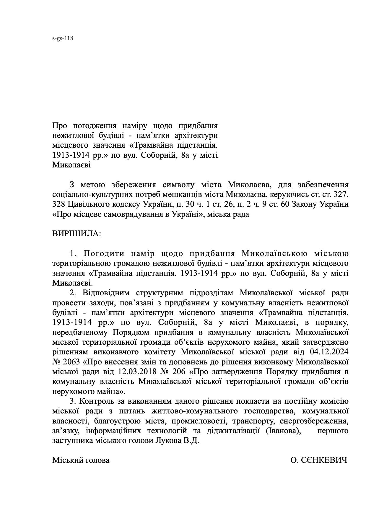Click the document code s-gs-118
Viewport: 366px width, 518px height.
click(x=62, y=38)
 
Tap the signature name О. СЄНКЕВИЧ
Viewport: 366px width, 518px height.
click(x=319, y=460)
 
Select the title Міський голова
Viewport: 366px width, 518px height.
click(x=81, y=460)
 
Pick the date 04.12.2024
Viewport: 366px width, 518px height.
click(x=329, y=352)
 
